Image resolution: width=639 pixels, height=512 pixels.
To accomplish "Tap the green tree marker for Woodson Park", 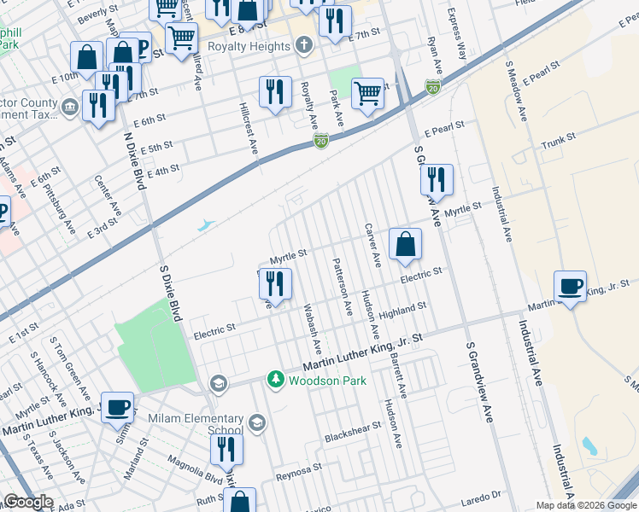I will (x=275, y=378).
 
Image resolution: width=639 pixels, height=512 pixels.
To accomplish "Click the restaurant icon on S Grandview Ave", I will (x=436, y=179).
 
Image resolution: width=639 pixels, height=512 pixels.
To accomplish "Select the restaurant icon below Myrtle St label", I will (x=274, y=283).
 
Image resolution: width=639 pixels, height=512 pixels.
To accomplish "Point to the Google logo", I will (x=28, y=502).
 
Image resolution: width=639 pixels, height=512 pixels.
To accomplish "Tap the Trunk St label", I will (x=559, y=140).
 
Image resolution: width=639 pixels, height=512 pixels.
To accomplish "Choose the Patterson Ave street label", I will (x=342, y=286).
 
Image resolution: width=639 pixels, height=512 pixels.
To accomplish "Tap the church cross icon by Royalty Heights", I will (x=301, y=47).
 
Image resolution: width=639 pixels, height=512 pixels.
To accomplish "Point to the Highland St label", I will (x=404, y=310).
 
